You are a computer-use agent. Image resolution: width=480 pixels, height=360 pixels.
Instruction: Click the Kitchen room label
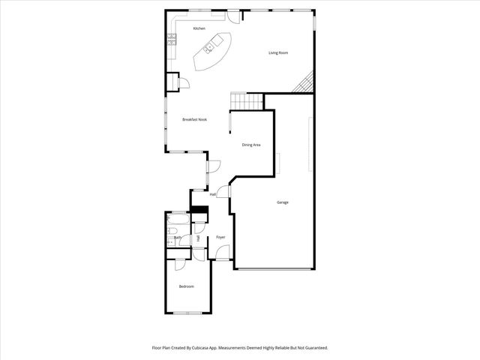199,28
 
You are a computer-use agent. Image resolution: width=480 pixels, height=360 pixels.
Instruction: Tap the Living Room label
279,52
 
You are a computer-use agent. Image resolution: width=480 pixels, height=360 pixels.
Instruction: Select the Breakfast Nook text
194,119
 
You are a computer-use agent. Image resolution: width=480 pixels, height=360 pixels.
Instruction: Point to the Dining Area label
250,144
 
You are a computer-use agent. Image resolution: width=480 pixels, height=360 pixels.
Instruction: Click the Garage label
283,202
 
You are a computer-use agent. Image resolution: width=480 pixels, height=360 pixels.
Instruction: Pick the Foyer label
220,238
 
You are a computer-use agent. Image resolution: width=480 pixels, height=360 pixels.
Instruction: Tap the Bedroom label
186,286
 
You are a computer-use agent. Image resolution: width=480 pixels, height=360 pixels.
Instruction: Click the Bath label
178,237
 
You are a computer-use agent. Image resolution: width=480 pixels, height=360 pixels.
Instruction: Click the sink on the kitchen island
208,49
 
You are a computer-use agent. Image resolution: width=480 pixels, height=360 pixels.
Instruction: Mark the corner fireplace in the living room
304,85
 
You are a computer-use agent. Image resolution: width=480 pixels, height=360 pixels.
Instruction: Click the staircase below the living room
247,101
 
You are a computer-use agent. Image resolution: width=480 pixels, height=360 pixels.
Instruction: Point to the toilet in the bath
172,241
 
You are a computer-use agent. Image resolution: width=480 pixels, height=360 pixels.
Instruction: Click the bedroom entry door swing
180,265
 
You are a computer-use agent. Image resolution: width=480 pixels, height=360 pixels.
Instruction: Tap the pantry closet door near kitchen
181,81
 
